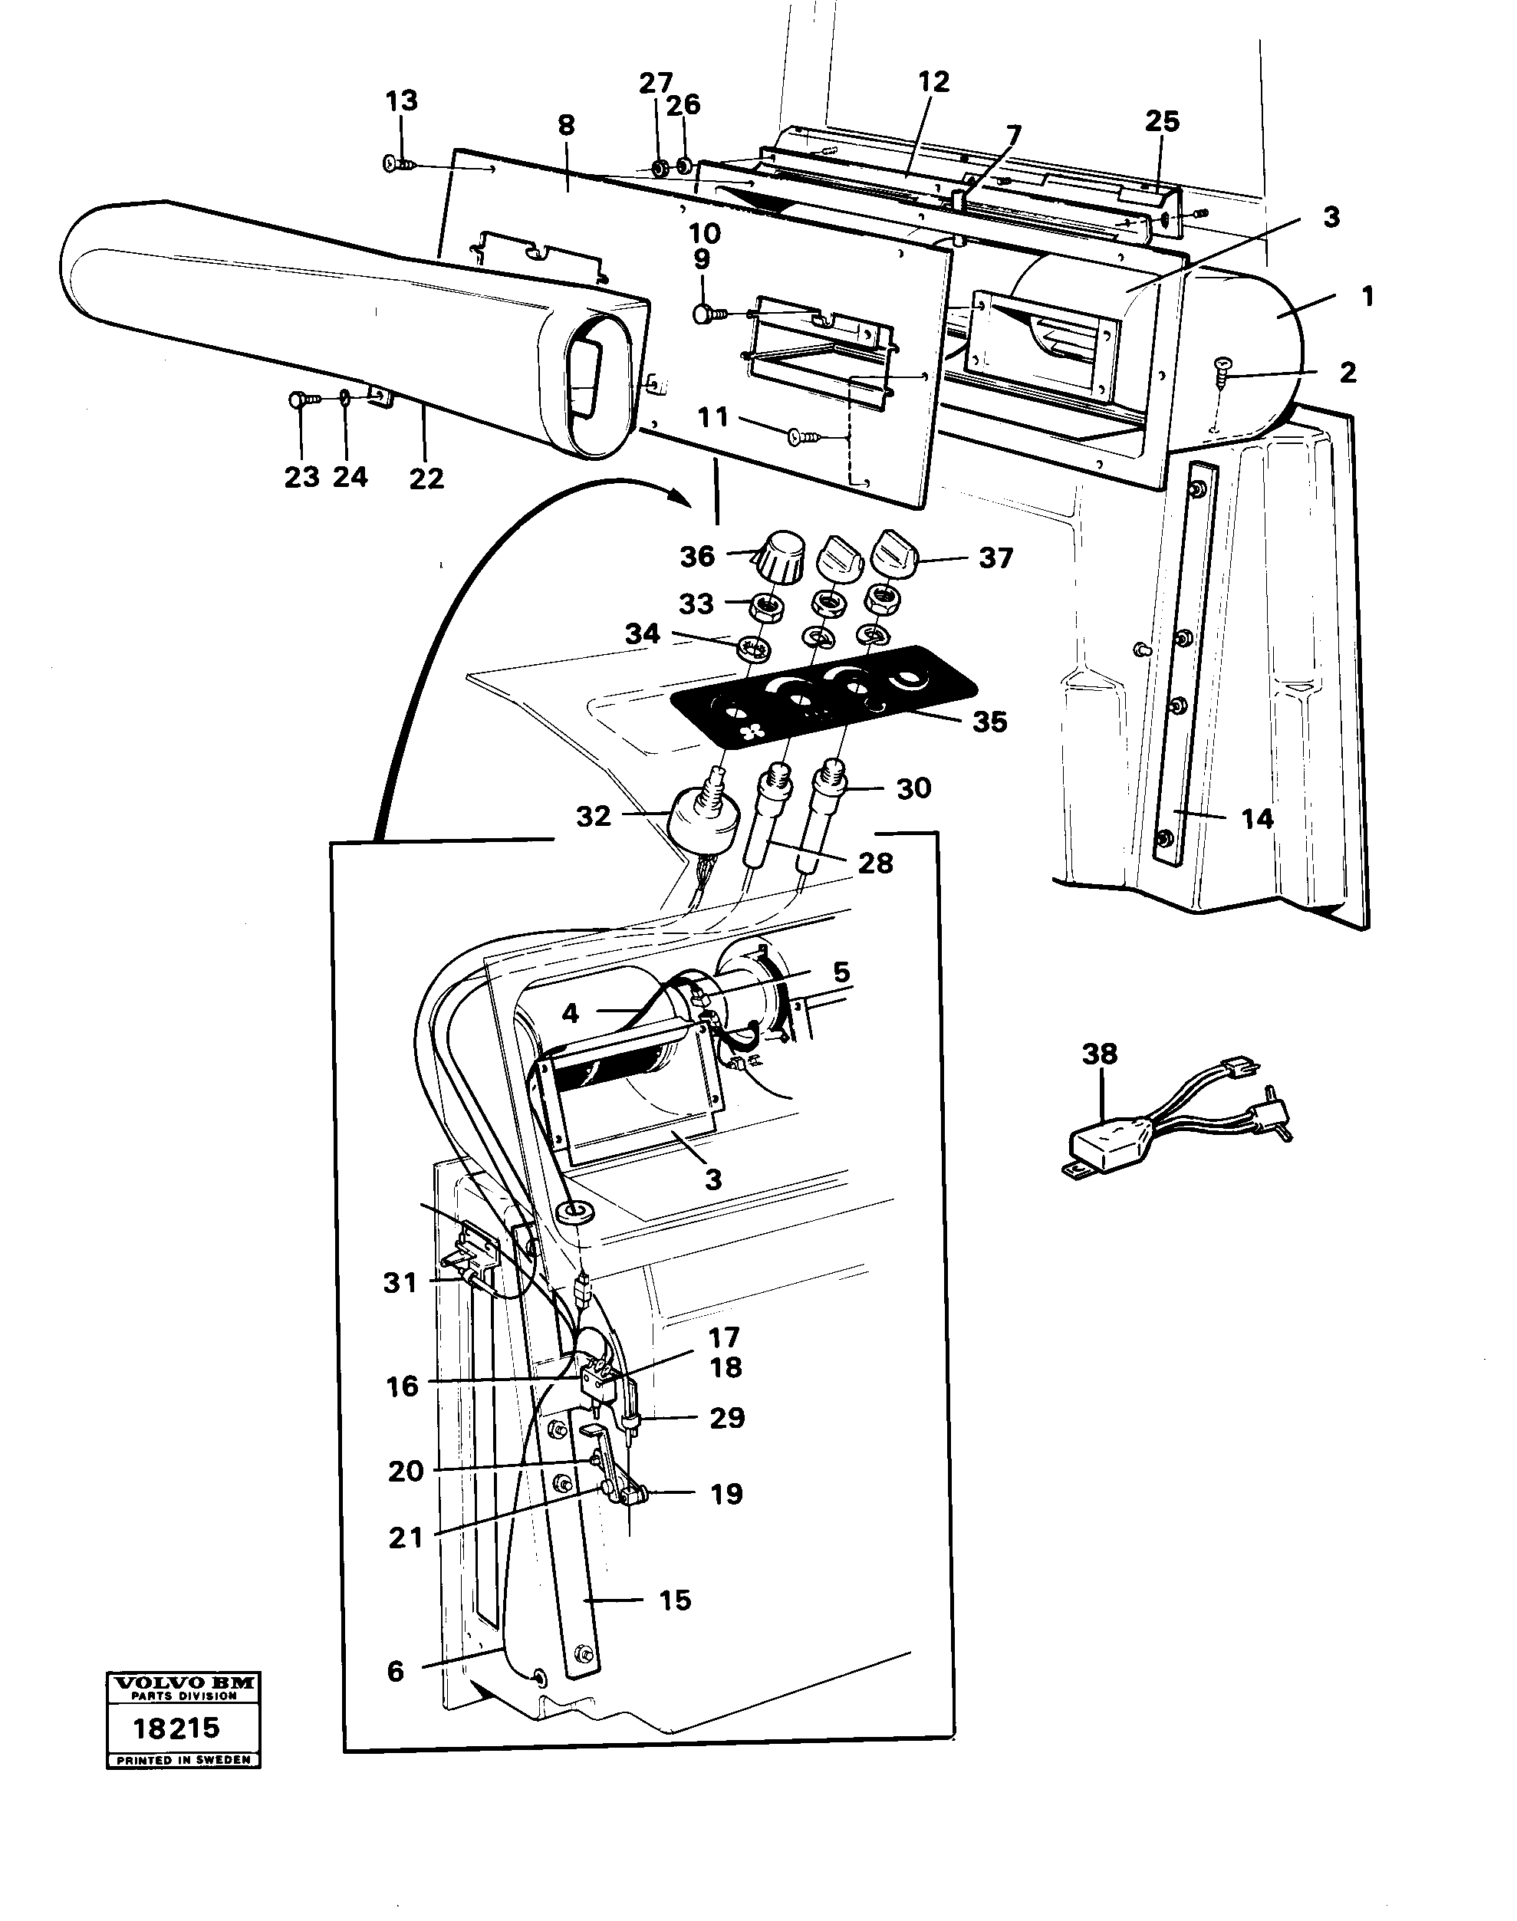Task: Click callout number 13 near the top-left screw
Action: [x=401, y=101]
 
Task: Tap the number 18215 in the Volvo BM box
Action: [x=176, y=1729]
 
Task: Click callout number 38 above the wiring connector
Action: [x=1099, y=1054]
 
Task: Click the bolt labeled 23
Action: [x=299, y=401]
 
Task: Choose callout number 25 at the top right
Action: [x=1162, y=122]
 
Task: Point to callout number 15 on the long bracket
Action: [x=675, y=1600]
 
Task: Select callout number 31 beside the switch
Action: [x=400, y=1282]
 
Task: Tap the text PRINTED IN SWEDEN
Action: [x=184, y=1759]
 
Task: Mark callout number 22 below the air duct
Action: [x=426, y=478]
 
